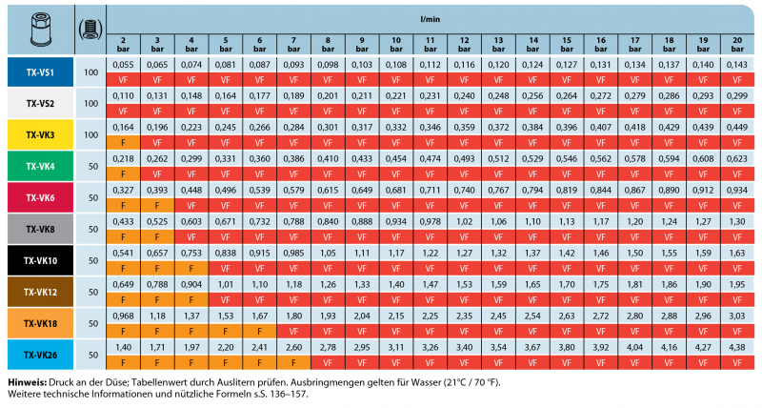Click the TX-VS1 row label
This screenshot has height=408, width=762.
pos(39,72)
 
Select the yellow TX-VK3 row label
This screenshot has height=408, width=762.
pos(39,135)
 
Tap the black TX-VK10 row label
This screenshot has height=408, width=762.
pos(39,260)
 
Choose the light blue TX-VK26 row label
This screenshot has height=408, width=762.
pos(39,354)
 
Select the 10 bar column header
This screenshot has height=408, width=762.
pos(394,42)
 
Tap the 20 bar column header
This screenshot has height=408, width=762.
pos(736,42)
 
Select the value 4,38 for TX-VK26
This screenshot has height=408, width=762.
pos(736,346)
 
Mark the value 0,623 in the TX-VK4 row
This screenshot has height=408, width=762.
pos(736,158)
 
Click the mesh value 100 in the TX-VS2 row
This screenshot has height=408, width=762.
pos(90,104)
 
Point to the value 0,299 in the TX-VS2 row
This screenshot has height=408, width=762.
pos(736,96)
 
